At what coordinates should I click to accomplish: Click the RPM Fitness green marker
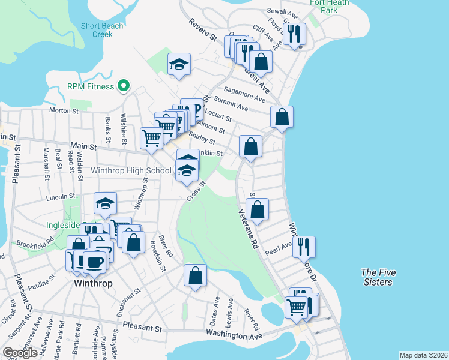[x=124, y=86]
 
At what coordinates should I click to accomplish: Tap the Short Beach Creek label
[x=103, y=30]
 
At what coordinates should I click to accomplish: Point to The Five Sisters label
[x=377, y=277]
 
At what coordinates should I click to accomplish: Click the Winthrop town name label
[x=93, y=283]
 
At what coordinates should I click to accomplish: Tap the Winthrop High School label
[x=131, y=171]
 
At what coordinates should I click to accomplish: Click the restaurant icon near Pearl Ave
[x=304, y=246]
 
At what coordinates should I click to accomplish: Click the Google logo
[x=20, y=353]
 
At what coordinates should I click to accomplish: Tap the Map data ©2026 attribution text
[x=423, y=355]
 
